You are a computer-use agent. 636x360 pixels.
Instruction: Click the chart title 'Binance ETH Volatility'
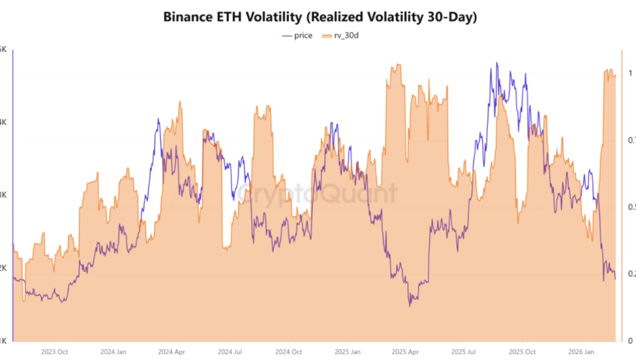click(318, 15)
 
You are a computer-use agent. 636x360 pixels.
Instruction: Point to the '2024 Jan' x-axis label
click(115, 352)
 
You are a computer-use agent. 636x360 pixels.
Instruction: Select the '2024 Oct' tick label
click(289, 352)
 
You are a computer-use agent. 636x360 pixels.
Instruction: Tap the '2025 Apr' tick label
click(405, 352)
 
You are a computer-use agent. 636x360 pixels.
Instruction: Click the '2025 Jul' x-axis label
click(463, 352)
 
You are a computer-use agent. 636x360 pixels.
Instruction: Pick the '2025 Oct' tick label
click(522, 352)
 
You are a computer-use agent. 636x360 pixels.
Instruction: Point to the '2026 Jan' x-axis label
click(580, 352)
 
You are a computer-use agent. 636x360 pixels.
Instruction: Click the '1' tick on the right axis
click(630, 73)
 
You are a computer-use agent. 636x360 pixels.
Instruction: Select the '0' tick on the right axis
click(630, 340)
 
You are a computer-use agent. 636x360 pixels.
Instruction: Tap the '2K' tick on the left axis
click(4, 267)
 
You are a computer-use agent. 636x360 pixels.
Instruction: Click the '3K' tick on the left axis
click(4, 194)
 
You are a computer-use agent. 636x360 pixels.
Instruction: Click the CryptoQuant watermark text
click(318, 194)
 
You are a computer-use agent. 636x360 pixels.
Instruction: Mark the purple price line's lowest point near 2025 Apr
click(409, 305)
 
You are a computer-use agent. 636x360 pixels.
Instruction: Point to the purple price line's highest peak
click(497, 64)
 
